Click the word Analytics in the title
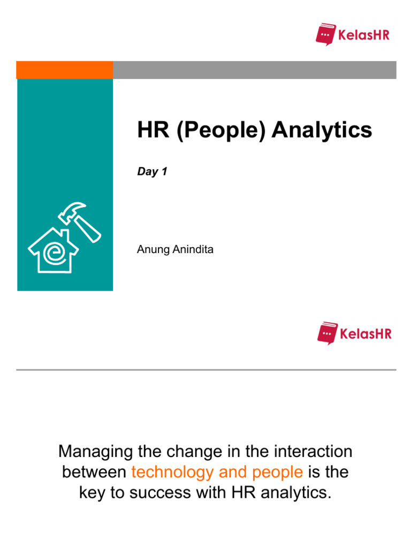322,130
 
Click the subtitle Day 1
152,172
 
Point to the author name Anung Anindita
176,249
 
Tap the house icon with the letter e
52,250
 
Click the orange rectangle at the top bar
64,70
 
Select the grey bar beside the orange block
254,70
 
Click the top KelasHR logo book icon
325,34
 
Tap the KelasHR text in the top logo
364,36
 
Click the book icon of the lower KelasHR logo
327,333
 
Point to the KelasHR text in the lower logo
366,334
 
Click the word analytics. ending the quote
291,493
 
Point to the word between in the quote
94,472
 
